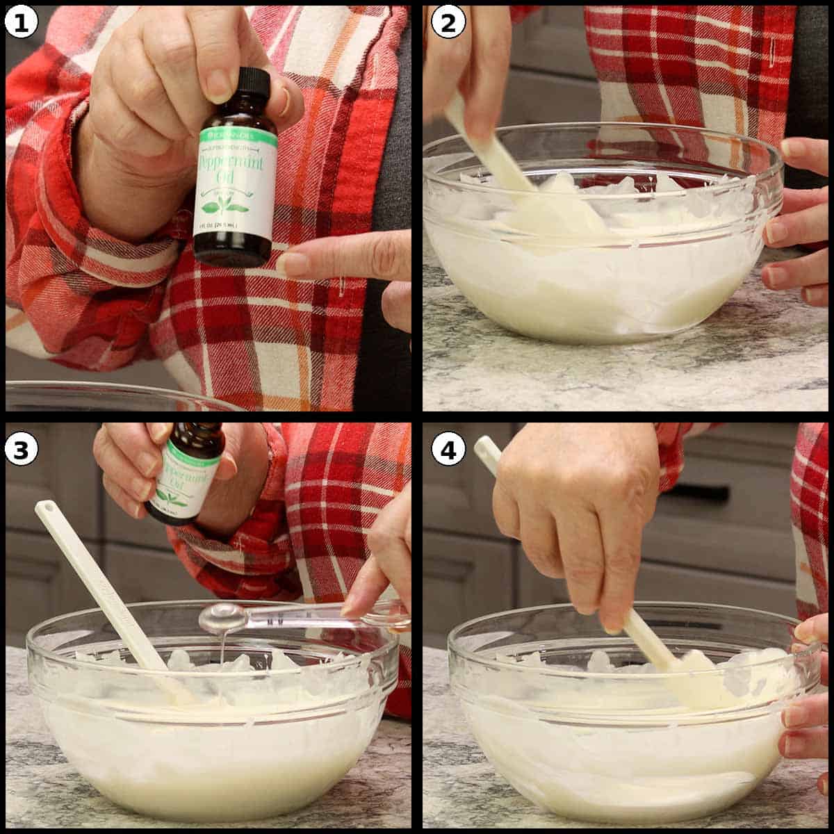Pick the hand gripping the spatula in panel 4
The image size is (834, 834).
(x=577, y=514)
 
